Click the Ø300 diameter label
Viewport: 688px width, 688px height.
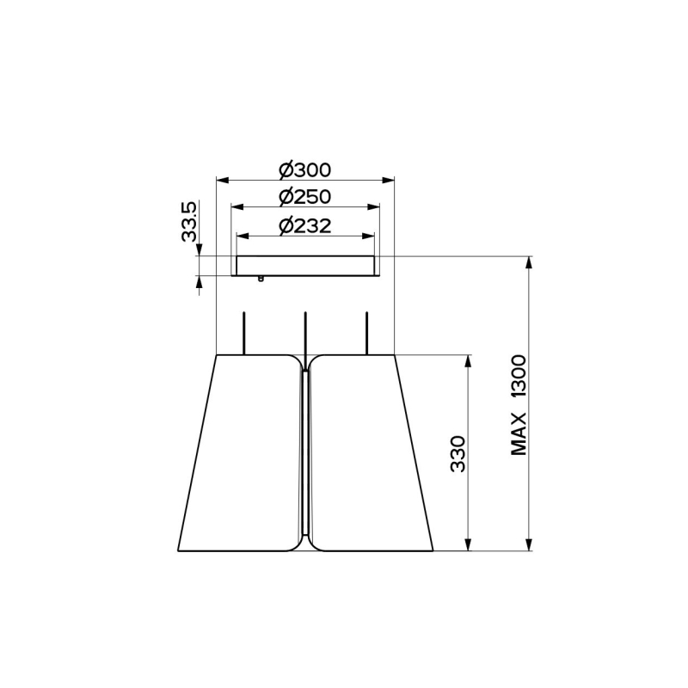pyautogui.click(x=305, y=170)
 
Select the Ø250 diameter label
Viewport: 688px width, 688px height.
pyautogui.click(x=305, y=197)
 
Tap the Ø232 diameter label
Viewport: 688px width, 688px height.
pyautogui.click(x=305, y=226)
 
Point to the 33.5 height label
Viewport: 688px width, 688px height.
pyautogui.click(x=189, y=222)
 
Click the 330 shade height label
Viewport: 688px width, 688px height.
pyautogui.click(x=458, y=454)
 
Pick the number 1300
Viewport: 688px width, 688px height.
pyautogui.click(x=519, y=378)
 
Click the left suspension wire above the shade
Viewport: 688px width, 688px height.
pyautogui.click(x=243, y=333)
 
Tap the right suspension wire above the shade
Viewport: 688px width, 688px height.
pyautogui.click(x=367, y=333)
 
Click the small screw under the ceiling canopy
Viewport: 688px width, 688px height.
pyautogui.click(x=261, y=279)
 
